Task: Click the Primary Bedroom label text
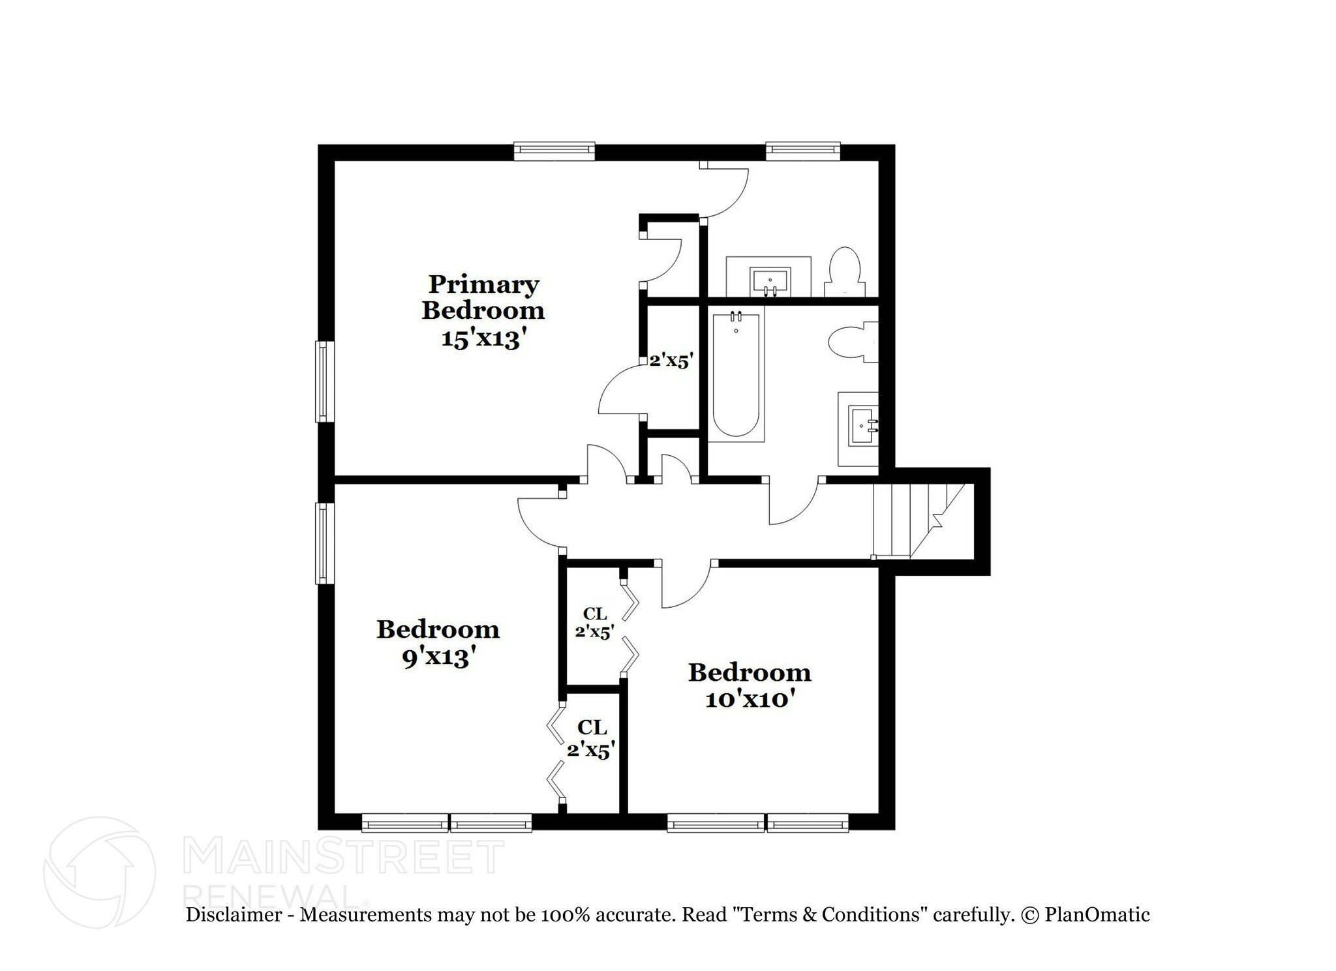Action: pyautogui.click(x=483, y=297)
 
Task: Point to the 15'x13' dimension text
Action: pyautogui.click(x=483, y=339)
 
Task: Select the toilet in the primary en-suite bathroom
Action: pyautogui.click(x=845, y=273)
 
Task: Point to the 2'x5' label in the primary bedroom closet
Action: pyautogui.click(x=671, y=360)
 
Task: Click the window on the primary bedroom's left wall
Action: pyautogui.click(x=324, y=381)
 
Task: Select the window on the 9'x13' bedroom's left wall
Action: pyautogui.click(x=324, y=543)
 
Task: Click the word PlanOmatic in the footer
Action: pyautogui.click(x=1097, y=915)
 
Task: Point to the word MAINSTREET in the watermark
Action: pyautogui.click(x=344, y=857)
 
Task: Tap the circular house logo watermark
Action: pyautogui.click(x=100, y=872)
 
